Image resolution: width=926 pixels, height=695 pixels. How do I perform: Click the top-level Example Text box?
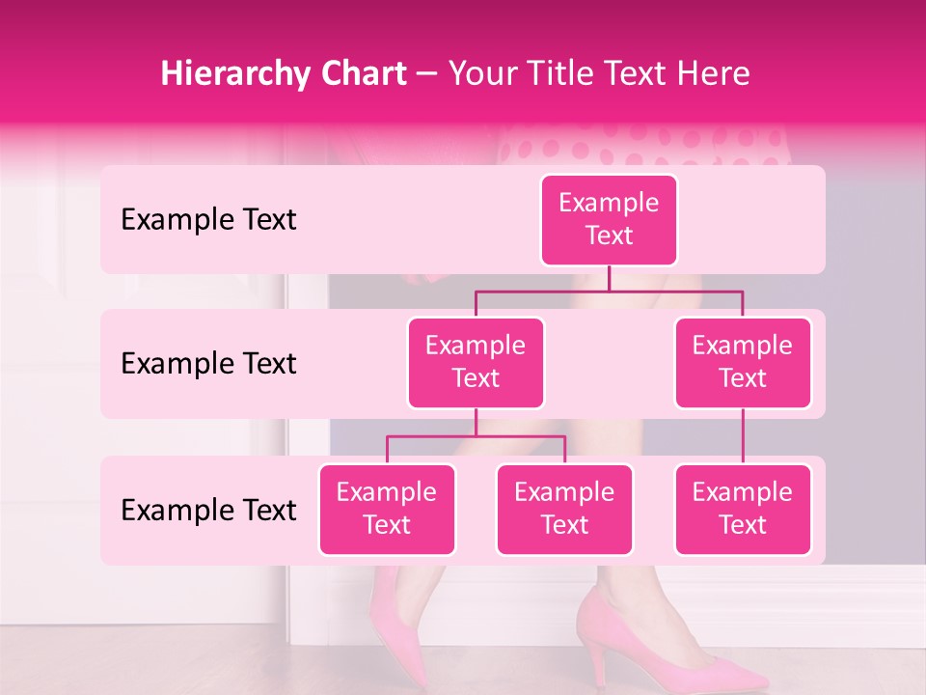coord(609,219)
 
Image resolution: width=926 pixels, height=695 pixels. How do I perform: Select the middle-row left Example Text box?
coord(476,362)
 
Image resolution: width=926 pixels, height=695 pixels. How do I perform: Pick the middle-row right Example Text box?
coord(743,362)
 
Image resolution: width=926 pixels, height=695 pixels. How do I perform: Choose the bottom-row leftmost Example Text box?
coord(387,509)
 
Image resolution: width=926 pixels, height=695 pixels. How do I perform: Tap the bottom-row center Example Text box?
coord(564,509)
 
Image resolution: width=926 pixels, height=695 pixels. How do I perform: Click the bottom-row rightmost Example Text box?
coord(743,509)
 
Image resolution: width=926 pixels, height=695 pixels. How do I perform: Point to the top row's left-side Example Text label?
coord(208,219)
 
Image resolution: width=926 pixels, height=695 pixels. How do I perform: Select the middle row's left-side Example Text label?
coord(208,363)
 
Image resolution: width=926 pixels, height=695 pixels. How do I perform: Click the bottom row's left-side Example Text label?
coord(208,510)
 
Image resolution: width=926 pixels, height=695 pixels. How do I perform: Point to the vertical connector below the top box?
coord(609,278)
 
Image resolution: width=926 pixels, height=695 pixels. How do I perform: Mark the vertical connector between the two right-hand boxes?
coord(743,436)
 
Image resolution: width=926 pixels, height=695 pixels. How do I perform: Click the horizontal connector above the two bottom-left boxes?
coord(476,436)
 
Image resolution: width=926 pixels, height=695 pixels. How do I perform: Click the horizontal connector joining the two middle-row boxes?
coord(609,291)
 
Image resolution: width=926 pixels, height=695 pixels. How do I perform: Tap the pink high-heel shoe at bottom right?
coord(666,647)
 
